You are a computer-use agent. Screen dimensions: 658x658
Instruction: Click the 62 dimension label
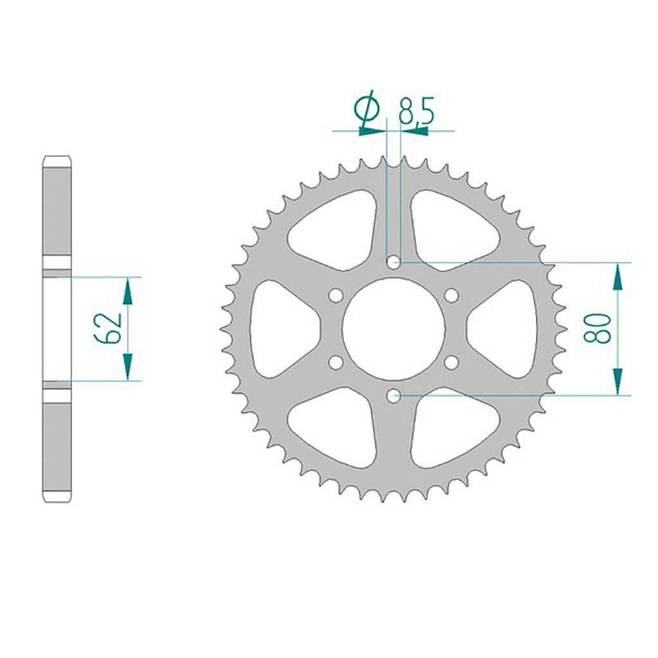coord(108,328)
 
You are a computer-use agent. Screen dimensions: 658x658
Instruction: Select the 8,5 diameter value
coord(416,111)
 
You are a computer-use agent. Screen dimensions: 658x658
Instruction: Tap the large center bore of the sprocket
coord(393,330)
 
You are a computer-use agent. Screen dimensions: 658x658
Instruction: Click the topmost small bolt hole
coord(393,263)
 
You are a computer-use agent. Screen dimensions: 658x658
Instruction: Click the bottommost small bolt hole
coord(393,396)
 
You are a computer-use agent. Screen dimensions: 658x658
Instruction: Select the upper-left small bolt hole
coord(335,296)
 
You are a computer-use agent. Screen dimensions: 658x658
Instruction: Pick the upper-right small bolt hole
coord(452,296)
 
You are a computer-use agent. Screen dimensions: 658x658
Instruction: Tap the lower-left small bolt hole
coord(335,362)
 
